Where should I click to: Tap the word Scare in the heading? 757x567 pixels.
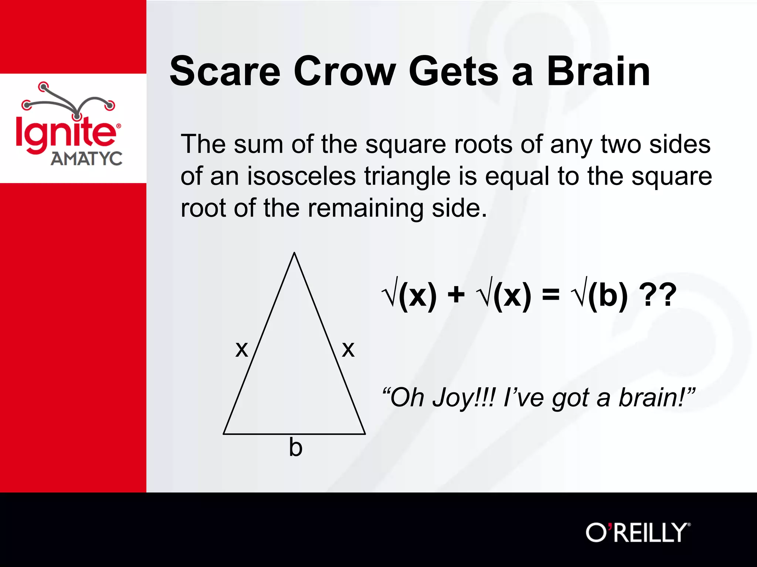pos(225,71)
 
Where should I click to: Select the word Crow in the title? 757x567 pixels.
pos(344,71)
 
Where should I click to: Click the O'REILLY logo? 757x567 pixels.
pos(638,532)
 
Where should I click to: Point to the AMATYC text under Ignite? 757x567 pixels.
pos(86,159)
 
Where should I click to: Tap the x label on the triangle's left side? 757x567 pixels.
pos(242,349)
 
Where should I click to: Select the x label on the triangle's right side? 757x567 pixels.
pos(348,349)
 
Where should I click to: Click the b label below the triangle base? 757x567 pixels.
pos(296,447)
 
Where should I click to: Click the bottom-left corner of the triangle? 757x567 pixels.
pos(224,434)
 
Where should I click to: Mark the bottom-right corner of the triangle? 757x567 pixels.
pos(365,434)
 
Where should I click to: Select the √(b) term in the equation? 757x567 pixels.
pos(599,295)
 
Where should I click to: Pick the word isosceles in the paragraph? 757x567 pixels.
pos(301,176)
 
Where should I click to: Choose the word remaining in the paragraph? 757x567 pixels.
pos(366,209)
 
